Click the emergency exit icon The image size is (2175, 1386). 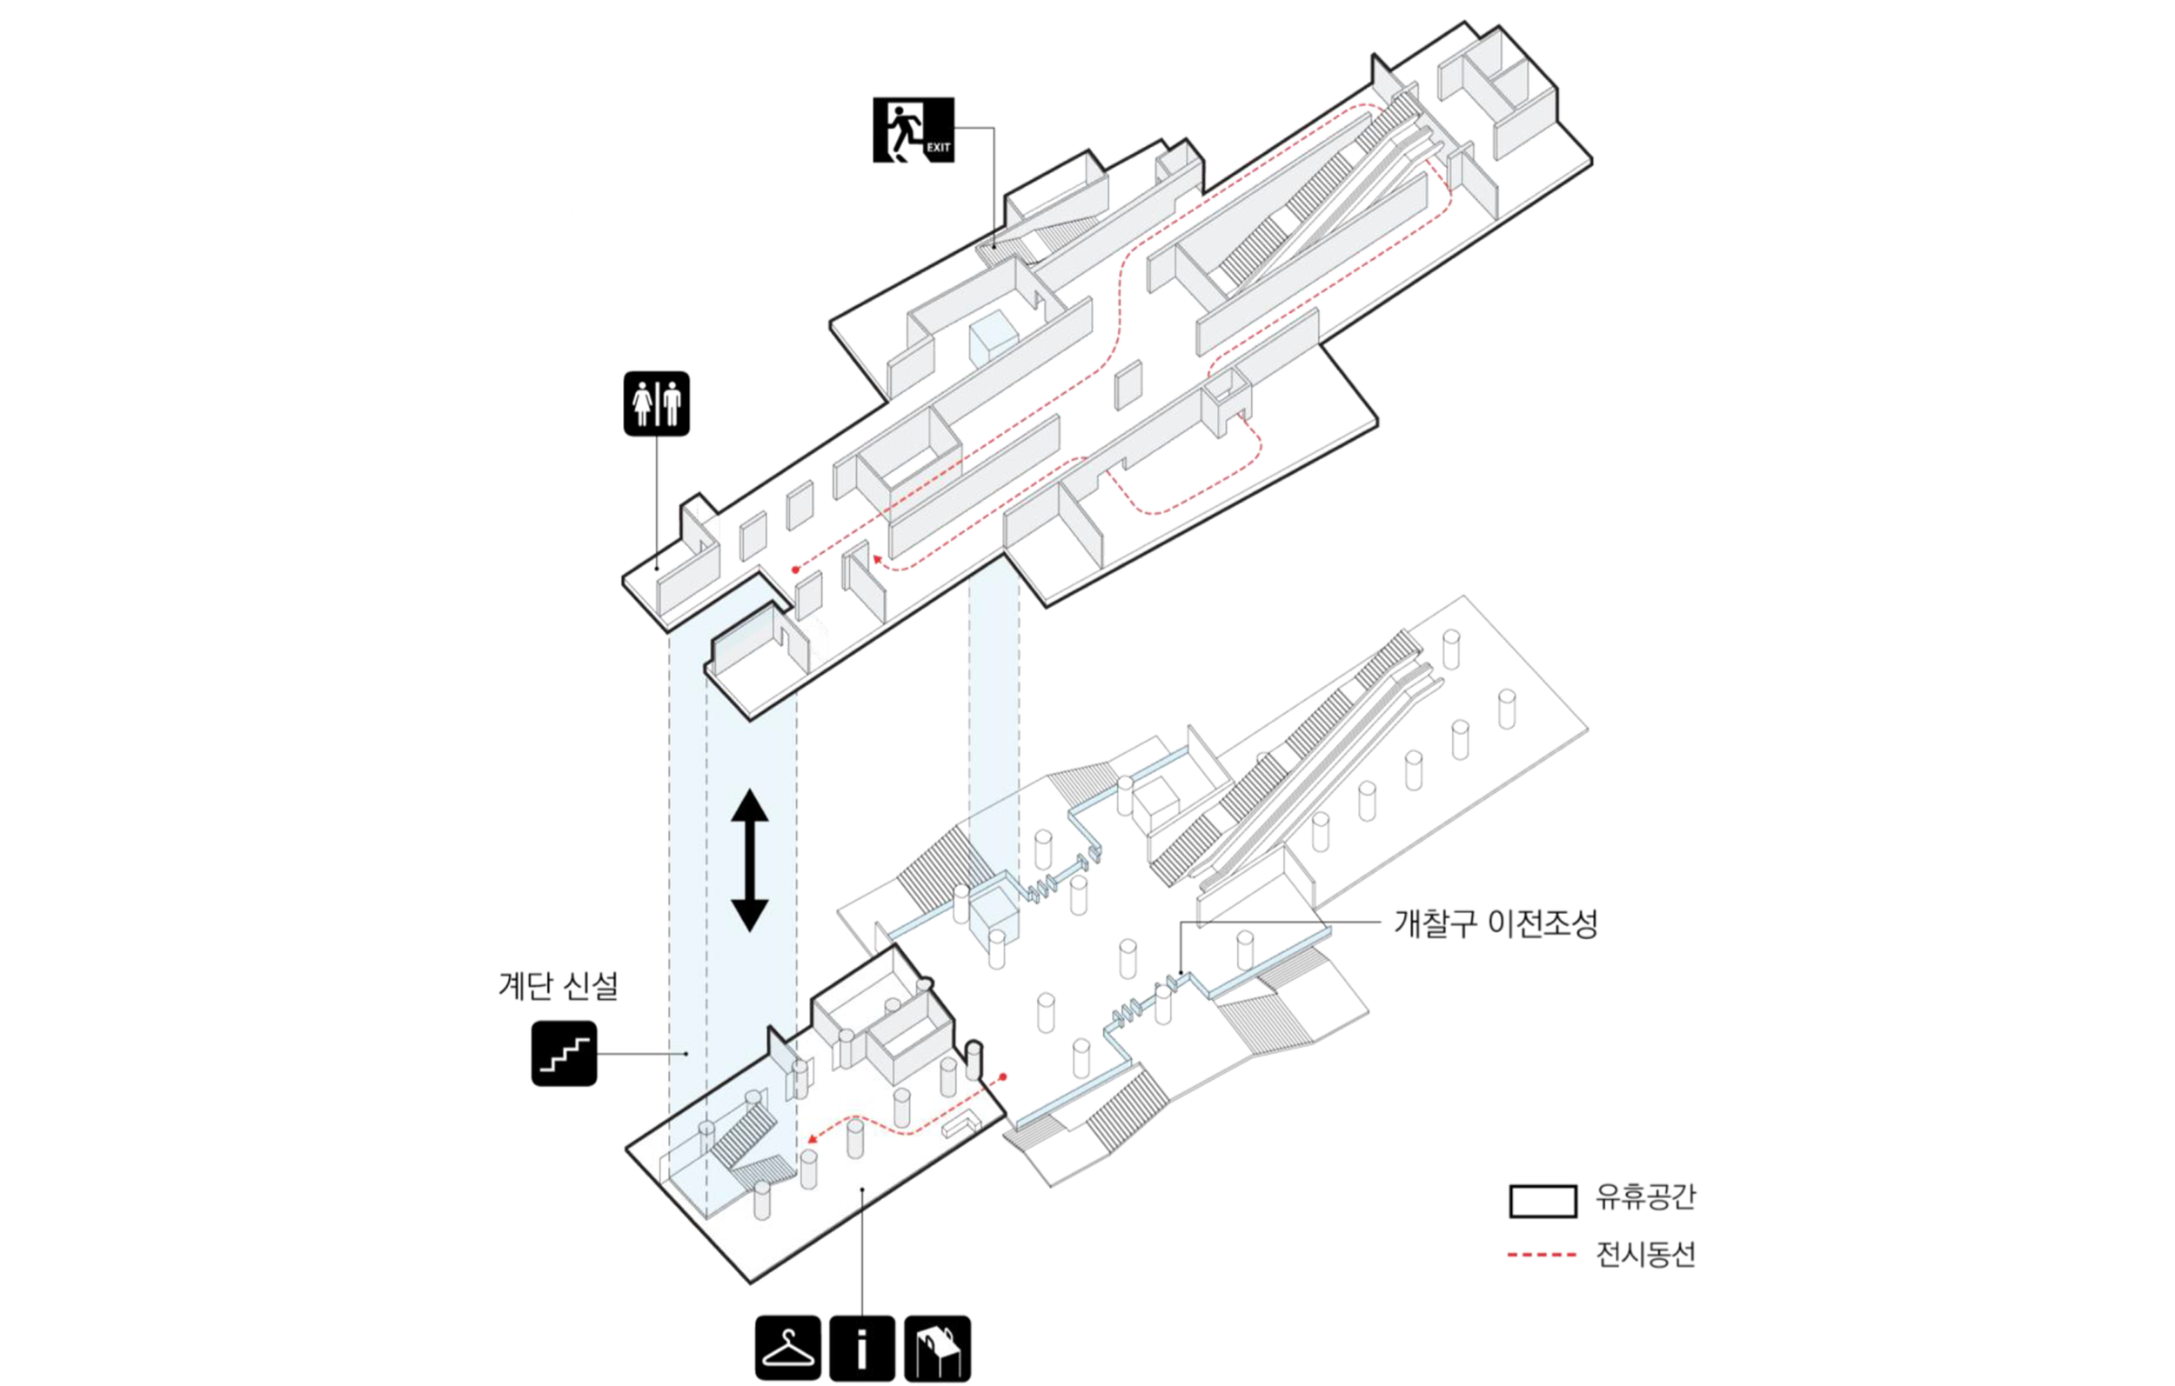coord(913,130)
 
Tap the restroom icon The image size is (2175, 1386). coord(657,403)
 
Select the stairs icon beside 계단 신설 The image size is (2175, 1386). coord(564,1053)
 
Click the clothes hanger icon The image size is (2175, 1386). coord(787,1348)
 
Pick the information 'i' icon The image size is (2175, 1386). coord(861,1348)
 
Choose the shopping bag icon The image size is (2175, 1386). coord(938,1348)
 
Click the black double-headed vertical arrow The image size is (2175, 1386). coord(750,860)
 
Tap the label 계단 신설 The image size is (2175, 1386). coord(559,985)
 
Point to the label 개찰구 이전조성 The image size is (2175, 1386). coord(1496,923)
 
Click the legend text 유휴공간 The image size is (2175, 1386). coord(1646,1196)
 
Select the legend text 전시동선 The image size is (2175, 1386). coord(1646,1254)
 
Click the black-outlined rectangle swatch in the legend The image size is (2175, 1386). coord(1543,1201)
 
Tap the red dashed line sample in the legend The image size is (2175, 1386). coord(1542,1255)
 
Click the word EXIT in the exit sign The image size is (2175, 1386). coord(939,147)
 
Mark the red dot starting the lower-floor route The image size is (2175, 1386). coord(1002,1076)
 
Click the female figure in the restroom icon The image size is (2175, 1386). coord(643,403)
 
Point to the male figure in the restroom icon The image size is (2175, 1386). coord(671,403)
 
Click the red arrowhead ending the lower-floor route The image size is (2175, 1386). coord(812,1140)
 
